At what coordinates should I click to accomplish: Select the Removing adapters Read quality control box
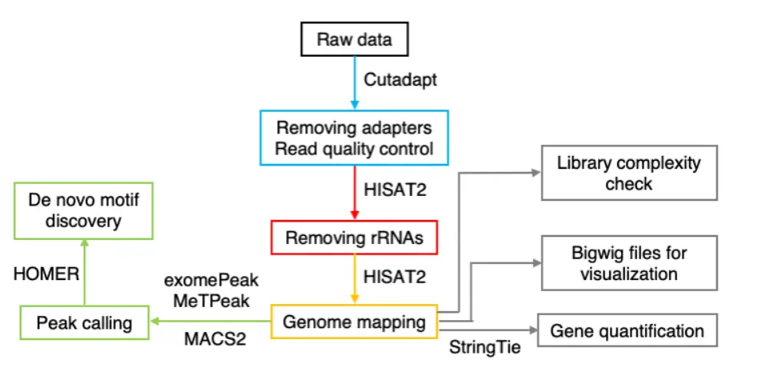coord(354,138)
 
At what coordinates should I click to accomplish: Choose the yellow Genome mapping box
coord(355,323)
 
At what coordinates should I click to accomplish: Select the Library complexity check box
coord(628,174)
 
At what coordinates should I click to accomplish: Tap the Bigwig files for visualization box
coord(629,263)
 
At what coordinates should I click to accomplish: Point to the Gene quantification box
coord(628,331)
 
